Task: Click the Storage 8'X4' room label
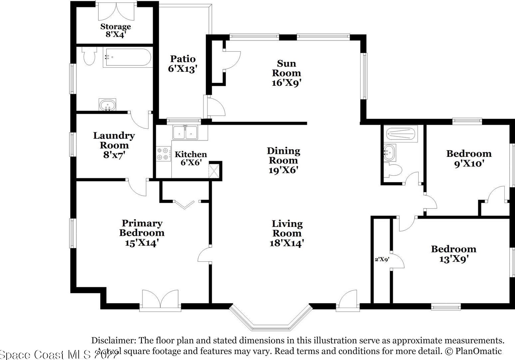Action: pyautogui.click(x=115, y=30)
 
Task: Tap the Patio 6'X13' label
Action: pyautogui.click(x=183, y=64)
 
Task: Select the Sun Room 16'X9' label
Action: pyautogui.click(x=286, y=73)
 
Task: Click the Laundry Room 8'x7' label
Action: pyautogui.click(x=114, y=145)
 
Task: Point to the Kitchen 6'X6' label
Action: pyautogui.click(x=190, y=158)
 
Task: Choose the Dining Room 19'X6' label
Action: pyautogui.click(x=283, y=160)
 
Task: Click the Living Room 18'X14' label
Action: pyautogui.click(x=287, y=233)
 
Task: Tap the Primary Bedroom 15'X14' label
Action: pyautogui.click(x=142, y=233)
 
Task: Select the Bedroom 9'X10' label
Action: pyautogui.click(x=469, y=158)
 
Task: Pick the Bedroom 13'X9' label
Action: pyautogui.click(x=453, y=254)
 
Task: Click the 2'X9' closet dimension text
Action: pyautogui.click(x=382, y=259)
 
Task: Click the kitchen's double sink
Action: pyautogui.click(x=185, y=132)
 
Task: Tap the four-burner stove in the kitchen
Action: pyautogui.click(x=163, y=154)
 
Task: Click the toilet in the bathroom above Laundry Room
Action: pyautogui.click(x=89, y=56)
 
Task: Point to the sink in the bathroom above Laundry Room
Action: pyautogui.click(x=107, y=105)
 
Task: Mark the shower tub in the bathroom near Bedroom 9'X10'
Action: pyautogui.click(x=402, y=134)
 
